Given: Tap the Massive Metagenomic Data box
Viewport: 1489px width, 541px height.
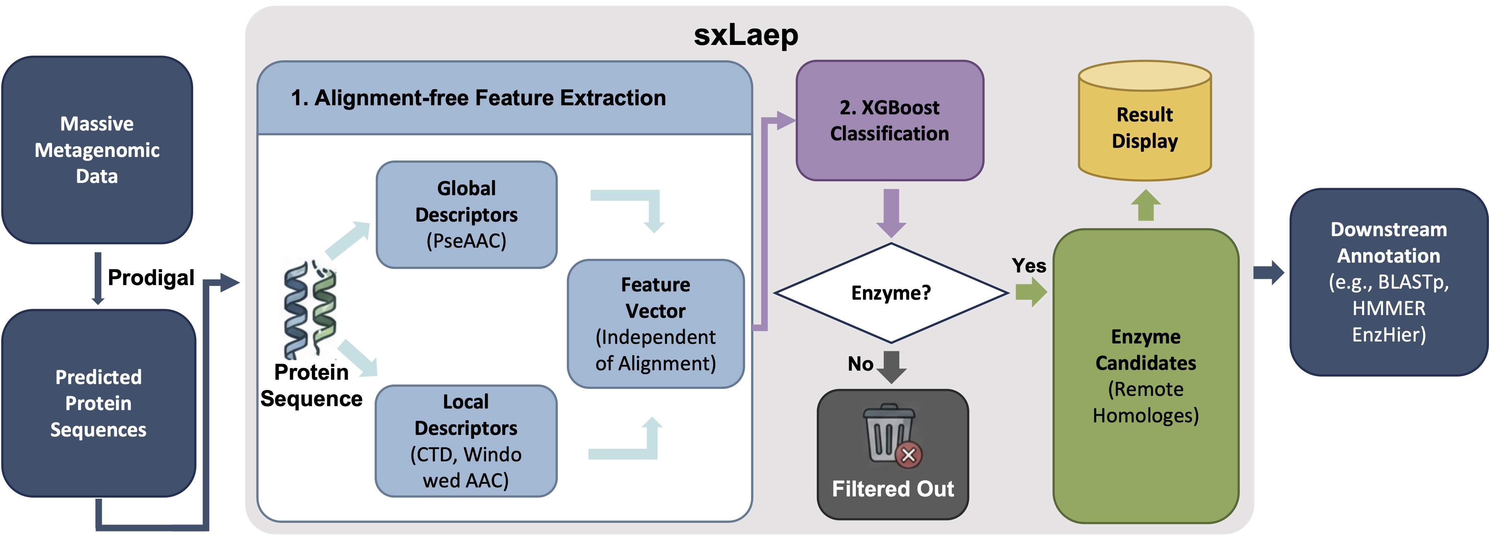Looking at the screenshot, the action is point(97,150).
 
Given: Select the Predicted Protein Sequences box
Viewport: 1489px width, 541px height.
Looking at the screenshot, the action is point(98,403).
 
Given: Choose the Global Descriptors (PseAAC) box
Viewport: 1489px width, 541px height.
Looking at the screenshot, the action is point(466,215).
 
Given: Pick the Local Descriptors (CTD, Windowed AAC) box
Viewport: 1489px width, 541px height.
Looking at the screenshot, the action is point(466,441).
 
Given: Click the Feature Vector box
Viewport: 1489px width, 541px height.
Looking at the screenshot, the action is point(656,324).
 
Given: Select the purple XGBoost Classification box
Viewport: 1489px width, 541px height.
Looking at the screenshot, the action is point(890,121).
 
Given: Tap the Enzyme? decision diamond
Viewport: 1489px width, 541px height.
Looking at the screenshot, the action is point(891,293).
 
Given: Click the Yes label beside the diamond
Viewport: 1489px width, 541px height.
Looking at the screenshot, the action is point(1029,266).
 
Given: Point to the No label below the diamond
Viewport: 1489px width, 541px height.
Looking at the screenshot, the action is point(861,364).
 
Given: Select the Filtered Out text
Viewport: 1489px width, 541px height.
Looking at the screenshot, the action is point(893,489).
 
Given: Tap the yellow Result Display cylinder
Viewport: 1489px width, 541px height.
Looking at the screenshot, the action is point(1144,121).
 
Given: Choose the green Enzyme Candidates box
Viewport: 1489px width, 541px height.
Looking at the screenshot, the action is point(1146,376).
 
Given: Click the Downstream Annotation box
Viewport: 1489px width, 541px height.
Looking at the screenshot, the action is point(1388,282).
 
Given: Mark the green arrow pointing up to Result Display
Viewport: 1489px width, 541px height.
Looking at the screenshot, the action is point(1146,205).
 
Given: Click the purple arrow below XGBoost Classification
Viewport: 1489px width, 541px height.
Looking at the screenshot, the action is point(891,213).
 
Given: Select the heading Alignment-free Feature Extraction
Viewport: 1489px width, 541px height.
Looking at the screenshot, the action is point(490,98).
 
